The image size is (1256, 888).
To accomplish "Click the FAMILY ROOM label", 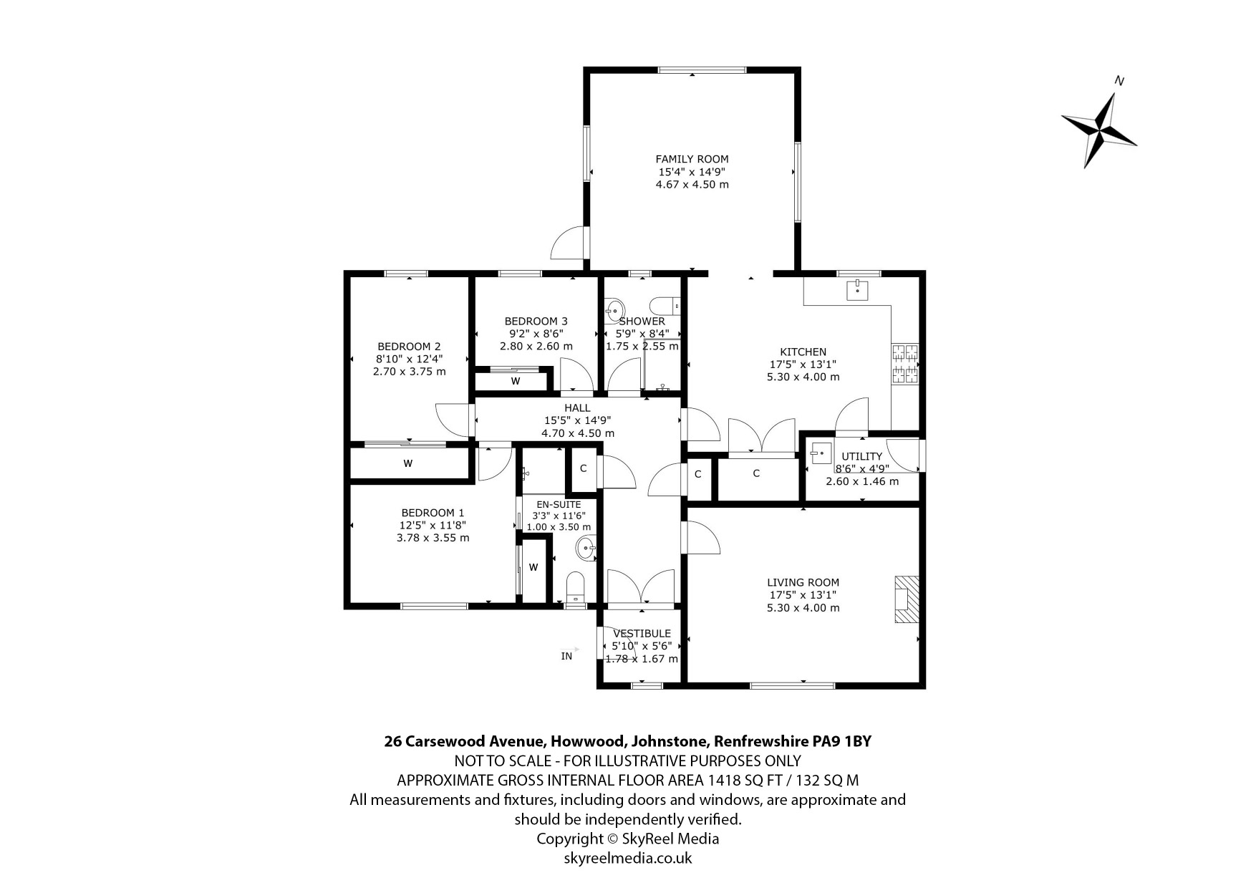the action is (692, 159).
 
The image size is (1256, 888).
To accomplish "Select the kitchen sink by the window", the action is (857, 289).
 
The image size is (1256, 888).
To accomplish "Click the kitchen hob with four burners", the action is (905, 365).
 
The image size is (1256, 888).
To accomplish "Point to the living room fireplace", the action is (906, 599).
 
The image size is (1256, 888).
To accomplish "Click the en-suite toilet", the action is (576, 589).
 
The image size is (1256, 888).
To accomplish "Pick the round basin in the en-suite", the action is (586, 549).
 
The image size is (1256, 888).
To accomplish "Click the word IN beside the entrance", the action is (566, 656).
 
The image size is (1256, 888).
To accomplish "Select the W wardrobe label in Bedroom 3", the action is (516, 381).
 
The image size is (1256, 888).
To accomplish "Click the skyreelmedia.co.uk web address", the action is (628, 858).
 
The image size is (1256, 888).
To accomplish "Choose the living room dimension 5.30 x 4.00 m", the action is (803, 608).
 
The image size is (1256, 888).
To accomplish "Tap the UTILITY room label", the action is (862, 457).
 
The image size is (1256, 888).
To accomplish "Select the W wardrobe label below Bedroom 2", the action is (408, 463).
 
